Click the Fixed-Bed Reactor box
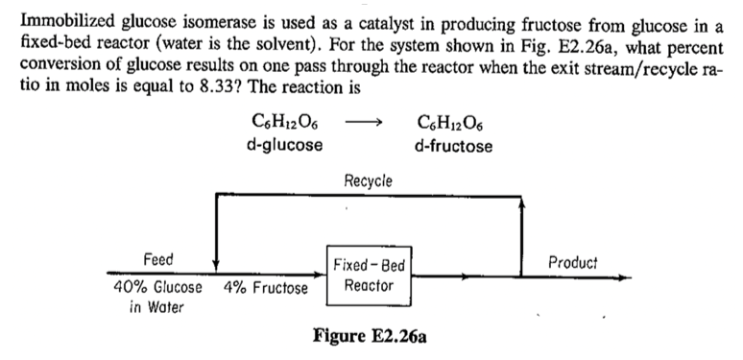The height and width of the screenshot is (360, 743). pos(370,275)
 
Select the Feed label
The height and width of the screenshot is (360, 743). pos(158,260)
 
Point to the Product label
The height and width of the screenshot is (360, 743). pos(572,261)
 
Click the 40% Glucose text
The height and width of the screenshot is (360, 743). pos(157,287)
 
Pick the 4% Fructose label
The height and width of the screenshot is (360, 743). pos(266,287)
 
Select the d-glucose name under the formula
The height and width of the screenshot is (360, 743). pos(284,146)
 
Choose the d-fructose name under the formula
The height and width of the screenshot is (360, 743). pos(452,146)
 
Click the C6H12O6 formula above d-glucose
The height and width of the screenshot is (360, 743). pos(284,124)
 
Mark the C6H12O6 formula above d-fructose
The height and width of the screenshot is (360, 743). pos(452,124)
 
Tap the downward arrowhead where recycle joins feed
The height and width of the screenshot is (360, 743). pos(217,267)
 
